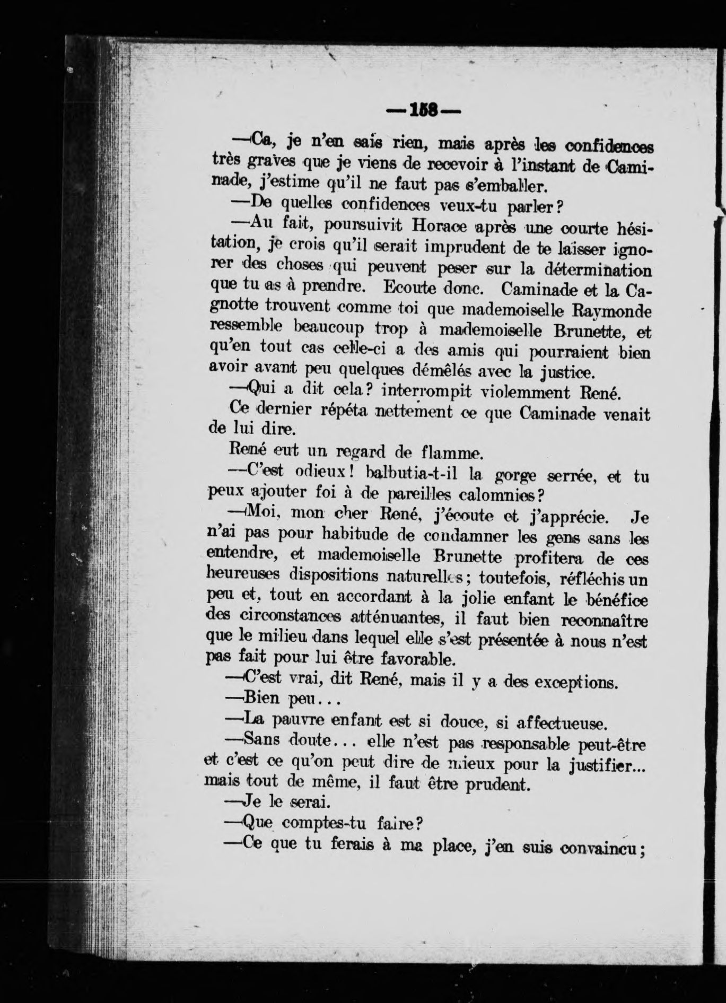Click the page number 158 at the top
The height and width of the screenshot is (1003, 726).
[423, 111]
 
